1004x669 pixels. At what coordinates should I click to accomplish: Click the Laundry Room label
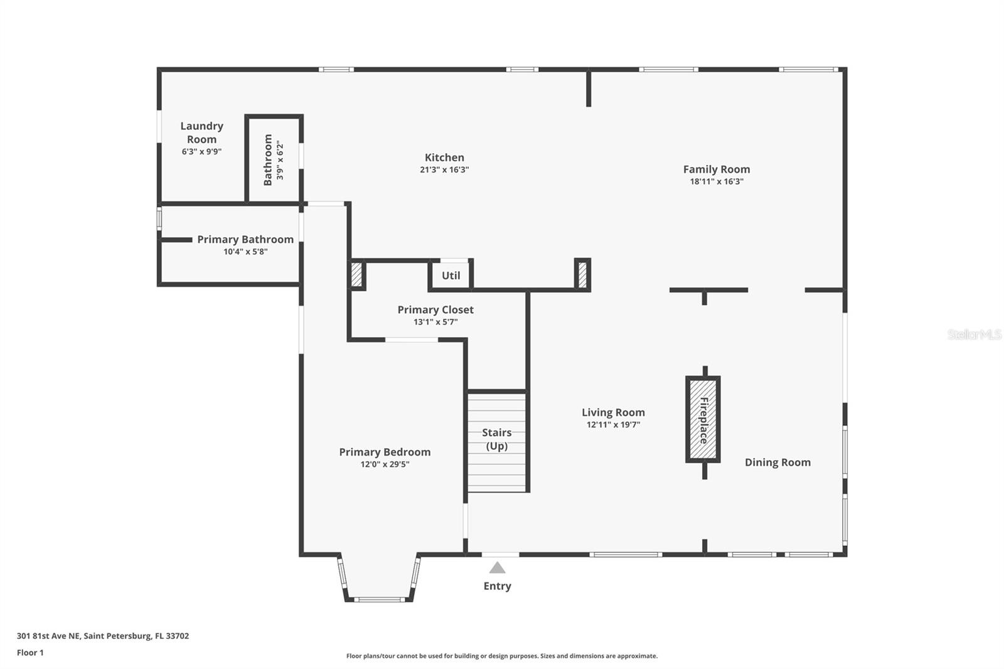[x=201, y=132]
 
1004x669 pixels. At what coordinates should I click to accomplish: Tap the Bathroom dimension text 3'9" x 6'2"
[x=280, y=161]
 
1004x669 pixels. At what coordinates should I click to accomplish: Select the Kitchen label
[x=444, y=158]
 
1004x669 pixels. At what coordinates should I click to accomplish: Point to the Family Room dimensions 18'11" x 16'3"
[x=716, y=181]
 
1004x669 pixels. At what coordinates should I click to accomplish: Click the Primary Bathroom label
[x=245, y=239]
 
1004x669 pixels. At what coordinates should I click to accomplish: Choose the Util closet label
[x=451, y=276]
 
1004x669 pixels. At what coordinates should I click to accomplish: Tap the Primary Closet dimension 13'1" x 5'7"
[x=435, y=322]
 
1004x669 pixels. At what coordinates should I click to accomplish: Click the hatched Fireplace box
[x=703, y=420]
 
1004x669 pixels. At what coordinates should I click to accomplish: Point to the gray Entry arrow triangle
[x=497, y=568]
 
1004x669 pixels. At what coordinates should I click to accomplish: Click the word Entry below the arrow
[x=497, y=586]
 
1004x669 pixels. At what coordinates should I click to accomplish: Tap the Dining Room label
[x=777, y=463]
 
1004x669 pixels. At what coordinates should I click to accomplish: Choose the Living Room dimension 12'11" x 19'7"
[x=613, y=425]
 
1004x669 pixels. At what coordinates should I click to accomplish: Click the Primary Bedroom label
[x=385, y=452]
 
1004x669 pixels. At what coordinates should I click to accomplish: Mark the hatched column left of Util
[x=356, y=274]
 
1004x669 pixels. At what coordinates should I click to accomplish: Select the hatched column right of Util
[x=582, y=274]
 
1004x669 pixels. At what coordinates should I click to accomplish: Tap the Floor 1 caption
[x=30, y=653]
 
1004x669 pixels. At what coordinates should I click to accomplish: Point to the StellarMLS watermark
[x=974, y=334]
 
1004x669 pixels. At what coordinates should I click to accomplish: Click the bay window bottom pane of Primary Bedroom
[x=379, y=600]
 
